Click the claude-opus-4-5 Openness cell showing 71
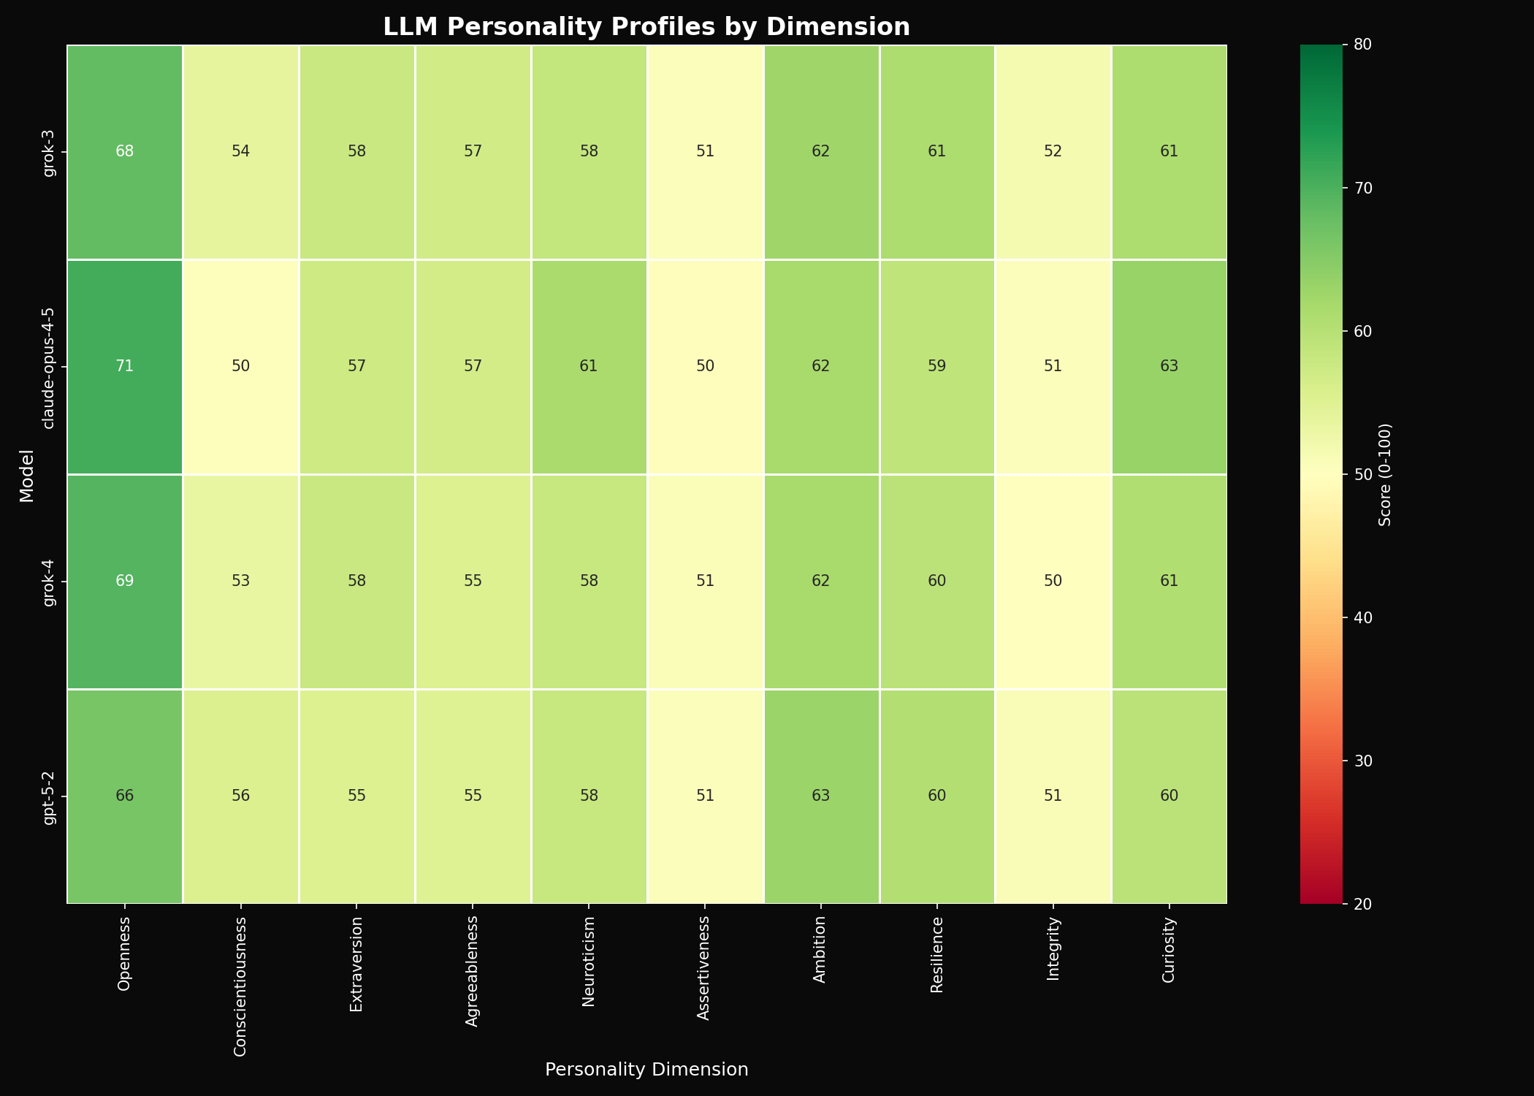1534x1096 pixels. point(125,367)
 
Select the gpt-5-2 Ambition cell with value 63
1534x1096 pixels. point(821,796)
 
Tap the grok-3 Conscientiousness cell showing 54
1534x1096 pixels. point(241,152)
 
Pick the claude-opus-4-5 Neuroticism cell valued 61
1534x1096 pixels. point(589,367)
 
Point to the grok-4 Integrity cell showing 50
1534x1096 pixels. point(1053,582)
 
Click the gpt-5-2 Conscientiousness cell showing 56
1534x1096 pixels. point(241,796)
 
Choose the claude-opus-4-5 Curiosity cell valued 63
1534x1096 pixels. point(1169,367)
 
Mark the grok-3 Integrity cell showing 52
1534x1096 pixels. point(1053,152)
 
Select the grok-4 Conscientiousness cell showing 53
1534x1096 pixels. point(241,582)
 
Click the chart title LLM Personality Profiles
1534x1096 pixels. point(646,27)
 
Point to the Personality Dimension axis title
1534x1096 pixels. point(646,1070)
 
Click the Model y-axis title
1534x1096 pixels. point(26,474)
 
